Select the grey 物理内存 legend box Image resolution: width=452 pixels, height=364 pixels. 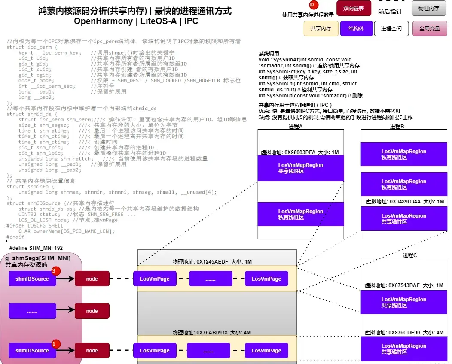(429, 8)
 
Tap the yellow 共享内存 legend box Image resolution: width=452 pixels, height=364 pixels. (321, 29)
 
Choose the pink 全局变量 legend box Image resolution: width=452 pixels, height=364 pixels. (429, 29)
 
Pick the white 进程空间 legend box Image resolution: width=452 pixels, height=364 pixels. (391, 29)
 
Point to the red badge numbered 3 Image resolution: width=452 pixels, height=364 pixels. (54, 271)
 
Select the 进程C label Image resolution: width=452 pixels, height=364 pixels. (409, 255)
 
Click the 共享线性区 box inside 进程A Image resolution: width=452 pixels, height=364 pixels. (300, 168)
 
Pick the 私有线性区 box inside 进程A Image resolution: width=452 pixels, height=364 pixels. (300, 214)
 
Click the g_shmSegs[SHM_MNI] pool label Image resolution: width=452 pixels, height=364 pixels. (38, 258)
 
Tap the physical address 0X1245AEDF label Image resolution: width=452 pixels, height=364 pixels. (212, 261)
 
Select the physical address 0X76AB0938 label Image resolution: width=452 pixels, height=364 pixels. (212, 332)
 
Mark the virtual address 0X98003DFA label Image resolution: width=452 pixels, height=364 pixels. (299, 152)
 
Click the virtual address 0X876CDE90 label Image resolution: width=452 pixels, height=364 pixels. (404, 332)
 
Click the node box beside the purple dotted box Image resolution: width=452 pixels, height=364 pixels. (92, 311)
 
